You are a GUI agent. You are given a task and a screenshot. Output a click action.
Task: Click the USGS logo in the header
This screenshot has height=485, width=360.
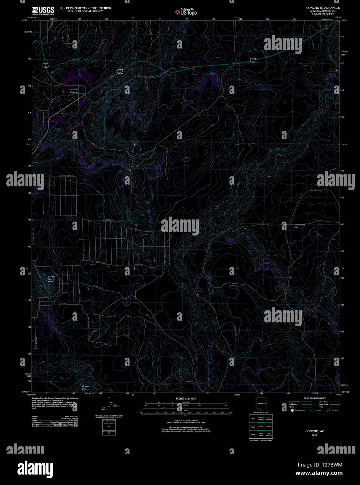pos(43,10)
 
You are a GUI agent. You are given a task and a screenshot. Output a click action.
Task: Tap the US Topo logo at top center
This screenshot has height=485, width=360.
pos(186,12)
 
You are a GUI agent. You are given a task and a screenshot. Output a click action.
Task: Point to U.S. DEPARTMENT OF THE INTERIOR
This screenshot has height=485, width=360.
pos(85,8)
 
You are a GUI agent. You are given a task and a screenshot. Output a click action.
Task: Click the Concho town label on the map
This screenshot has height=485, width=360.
pos(74,92)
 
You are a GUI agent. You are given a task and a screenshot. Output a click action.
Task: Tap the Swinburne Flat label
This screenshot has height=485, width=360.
pos(299,226)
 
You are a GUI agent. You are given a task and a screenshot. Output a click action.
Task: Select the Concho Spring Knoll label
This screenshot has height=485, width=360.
pos(51,279)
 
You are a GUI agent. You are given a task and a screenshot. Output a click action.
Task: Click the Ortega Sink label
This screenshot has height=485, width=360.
pos(85,388)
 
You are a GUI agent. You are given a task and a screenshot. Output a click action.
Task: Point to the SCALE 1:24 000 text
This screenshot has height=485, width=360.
pos(186,398)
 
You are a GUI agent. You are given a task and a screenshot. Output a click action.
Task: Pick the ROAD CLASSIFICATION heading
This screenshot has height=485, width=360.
pos(314,398)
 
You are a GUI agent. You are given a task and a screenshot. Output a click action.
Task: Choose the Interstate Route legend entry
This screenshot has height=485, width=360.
pos(295,402)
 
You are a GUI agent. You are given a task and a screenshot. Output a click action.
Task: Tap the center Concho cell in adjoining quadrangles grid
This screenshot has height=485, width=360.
pos(261,426)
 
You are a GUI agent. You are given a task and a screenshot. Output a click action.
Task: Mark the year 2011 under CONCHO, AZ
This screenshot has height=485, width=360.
pos(314,435)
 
